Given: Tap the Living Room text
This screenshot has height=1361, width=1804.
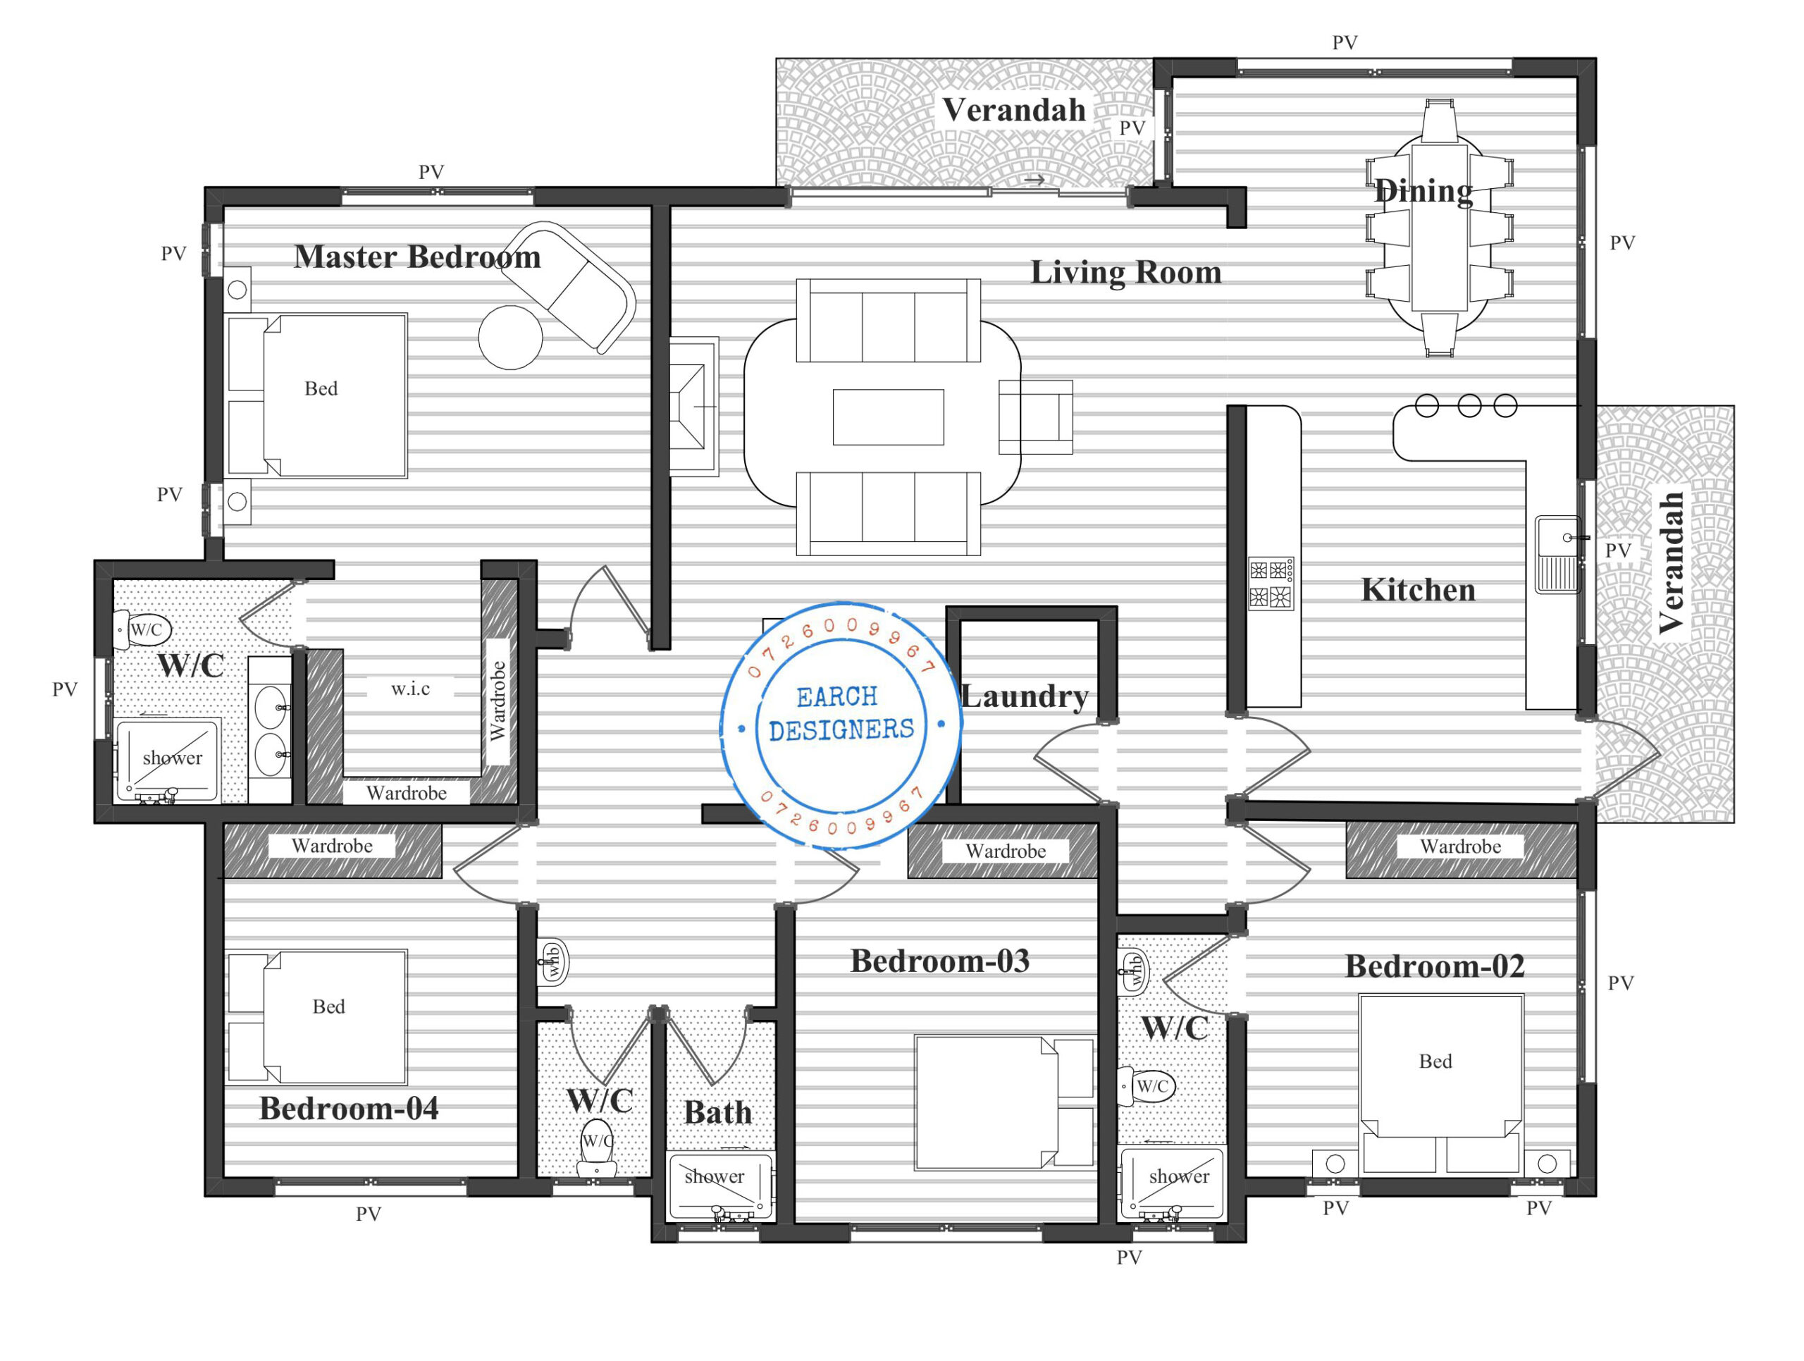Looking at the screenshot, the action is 1126,272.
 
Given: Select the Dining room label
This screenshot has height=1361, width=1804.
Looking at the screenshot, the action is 1423,192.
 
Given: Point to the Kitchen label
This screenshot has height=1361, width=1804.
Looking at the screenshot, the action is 1419,589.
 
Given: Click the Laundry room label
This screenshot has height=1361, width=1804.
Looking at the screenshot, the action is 1025,696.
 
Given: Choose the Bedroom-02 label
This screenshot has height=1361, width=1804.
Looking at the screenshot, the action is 1435,966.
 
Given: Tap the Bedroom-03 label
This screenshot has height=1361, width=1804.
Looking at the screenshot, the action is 939,961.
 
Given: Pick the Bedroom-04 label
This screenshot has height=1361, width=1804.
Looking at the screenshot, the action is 348,1108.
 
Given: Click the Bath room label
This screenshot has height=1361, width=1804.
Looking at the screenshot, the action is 717,1113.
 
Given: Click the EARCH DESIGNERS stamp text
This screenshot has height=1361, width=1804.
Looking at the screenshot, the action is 841,713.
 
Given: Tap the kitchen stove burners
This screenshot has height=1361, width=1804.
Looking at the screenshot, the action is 1271,584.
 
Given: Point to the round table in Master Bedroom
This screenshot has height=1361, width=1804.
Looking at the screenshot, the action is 510,338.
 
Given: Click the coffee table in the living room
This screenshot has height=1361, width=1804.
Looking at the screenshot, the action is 888,417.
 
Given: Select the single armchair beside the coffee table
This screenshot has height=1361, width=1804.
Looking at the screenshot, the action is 1036,417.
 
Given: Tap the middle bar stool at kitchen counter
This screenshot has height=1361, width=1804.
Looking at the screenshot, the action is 1469,405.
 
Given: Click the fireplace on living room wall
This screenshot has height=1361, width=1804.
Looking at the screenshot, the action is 694,407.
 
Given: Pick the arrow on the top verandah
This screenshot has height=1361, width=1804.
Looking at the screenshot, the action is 1035,180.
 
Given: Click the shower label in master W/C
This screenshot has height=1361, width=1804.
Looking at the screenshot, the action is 172,758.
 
